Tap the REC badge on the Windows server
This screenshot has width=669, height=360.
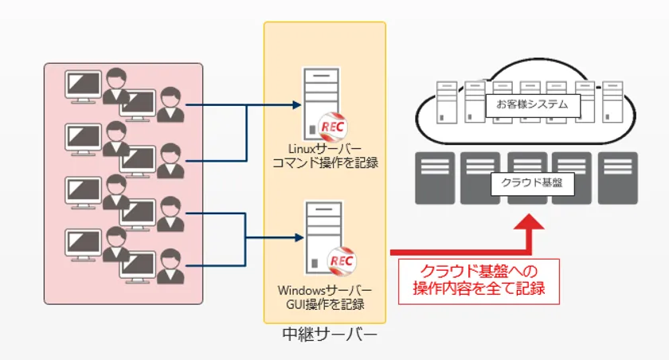[341, 261]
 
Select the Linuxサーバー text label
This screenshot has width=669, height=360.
[325, 149]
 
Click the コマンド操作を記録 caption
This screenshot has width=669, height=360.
[325, 163]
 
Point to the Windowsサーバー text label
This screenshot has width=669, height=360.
[325, 288]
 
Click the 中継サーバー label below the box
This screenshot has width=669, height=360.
[329, 335]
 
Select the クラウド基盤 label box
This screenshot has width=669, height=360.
[531, 182]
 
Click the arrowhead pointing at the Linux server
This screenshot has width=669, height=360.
[297, 104]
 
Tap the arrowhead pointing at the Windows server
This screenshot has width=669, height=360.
[297, 237]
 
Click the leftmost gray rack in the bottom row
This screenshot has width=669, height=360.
[435, 178]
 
